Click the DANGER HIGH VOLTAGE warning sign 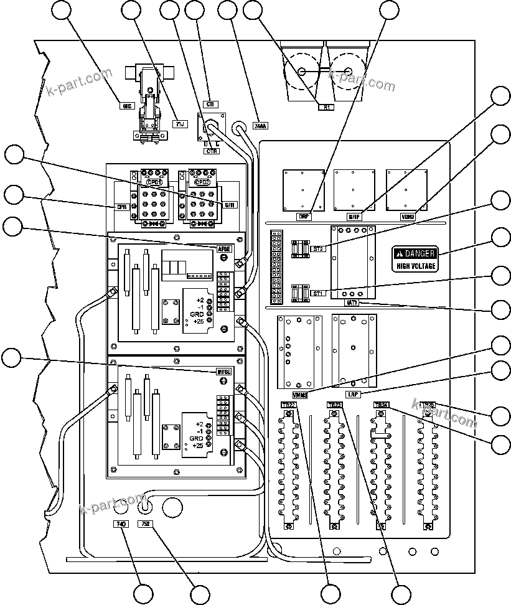415,258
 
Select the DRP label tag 303,217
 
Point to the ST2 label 317,249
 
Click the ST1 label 317,294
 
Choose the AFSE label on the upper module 223,249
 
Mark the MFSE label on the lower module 223,372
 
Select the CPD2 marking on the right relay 202,182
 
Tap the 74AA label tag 261,126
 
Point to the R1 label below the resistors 326,107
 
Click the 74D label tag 121,524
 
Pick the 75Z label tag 145,524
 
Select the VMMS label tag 301,395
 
